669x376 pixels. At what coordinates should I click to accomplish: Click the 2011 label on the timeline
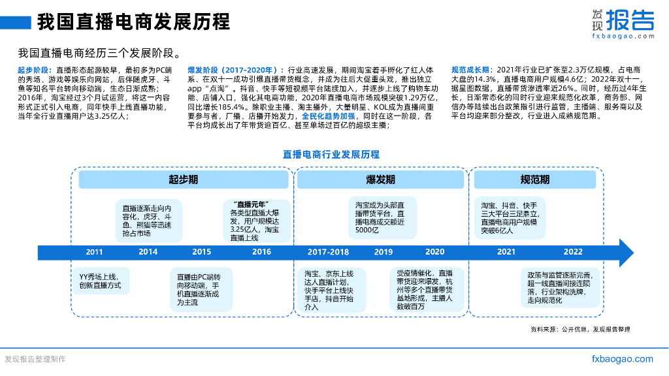point(94,252)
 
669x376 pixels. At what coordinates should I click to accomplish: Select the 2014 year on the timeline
point(148,252)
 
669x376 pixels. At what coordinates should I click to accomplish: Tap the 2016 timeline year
point(261,252)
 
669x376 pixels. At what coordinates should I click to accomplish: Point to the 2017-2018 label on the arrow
point(328,252)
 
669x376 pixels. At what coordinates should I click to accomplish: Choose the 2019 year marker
point(383,252)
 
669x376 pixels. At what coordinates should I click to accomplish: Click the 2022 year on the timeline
point(573,252)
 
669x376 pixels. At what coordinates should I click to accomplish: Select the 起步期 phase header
point(184,180)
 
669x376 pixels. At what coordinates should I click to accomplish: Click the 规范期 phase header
point(535,180)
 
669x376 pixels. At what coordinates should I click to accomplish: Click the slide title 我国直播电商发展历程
point(133,22)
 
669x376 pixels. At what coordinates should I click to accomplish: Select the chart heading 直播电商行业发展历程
point(331,155)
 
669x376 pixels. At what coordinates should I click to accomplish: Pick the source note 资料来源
point(580,329)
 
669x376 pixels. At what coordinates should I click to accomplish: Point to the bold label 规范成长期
point(471,69)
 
